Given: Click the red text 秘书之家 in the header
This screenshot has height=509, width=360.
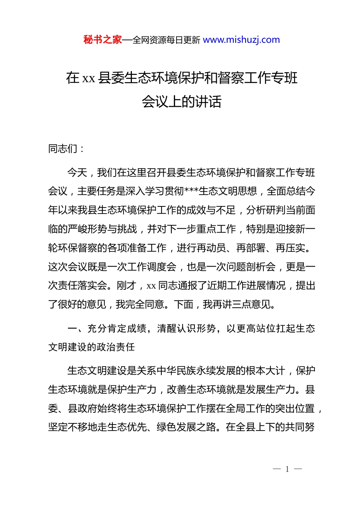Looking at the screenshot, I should click(103, 40).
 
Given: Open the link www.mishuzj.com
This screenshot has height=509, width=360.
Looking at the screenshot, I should click(241, 40).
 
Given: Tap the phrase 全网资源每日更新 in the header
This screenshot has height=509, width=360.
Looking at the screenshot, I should click(166, 40).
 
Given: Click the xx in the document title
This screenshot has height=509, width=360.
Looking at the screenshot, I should click(89, 78).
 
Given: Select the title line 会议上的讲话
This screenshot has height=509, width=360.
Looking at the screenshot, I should click(182, 101).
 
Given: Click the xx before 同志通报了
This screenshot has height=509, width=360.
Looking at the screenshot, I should click(151, 286).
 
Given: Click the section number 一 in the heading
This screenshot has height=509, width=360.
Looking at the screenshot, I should click(72, 328).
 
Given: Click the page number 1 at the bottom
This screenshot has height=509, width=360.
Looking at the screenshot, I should click(287, 469).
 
